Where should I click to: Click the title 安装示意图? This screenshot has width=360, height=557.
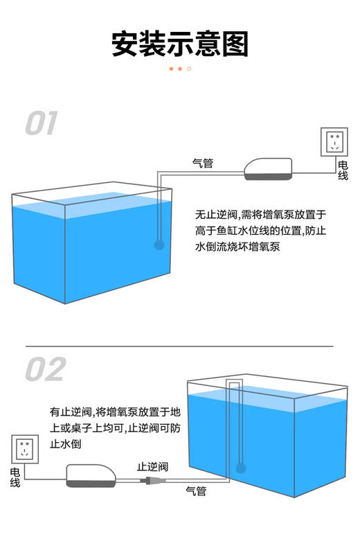179,44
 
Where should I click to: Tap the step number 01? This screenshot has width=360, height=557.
42,124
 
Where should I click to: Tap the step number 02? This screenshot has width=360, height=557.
45,369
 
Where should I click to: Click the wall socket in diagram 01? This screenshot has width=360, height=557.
334,141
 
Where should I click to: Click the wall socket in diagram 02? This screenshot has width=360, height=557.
24,449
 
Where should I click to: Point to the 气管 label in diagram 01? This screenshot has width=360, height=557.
202,163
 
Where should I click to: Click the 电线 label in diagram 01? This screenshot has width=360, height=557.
343,170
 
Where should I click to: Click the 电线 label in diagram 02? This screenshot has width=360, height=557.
15,477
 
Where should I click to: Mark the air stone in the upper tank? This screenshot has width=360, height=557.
159,244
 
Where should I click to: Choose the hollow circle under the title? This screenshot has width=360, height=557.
189,69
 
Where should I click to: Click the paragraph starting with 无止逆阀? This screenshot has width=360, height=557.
260,231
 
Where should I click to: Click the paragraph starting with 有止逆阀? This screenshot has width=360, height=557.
115,428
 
